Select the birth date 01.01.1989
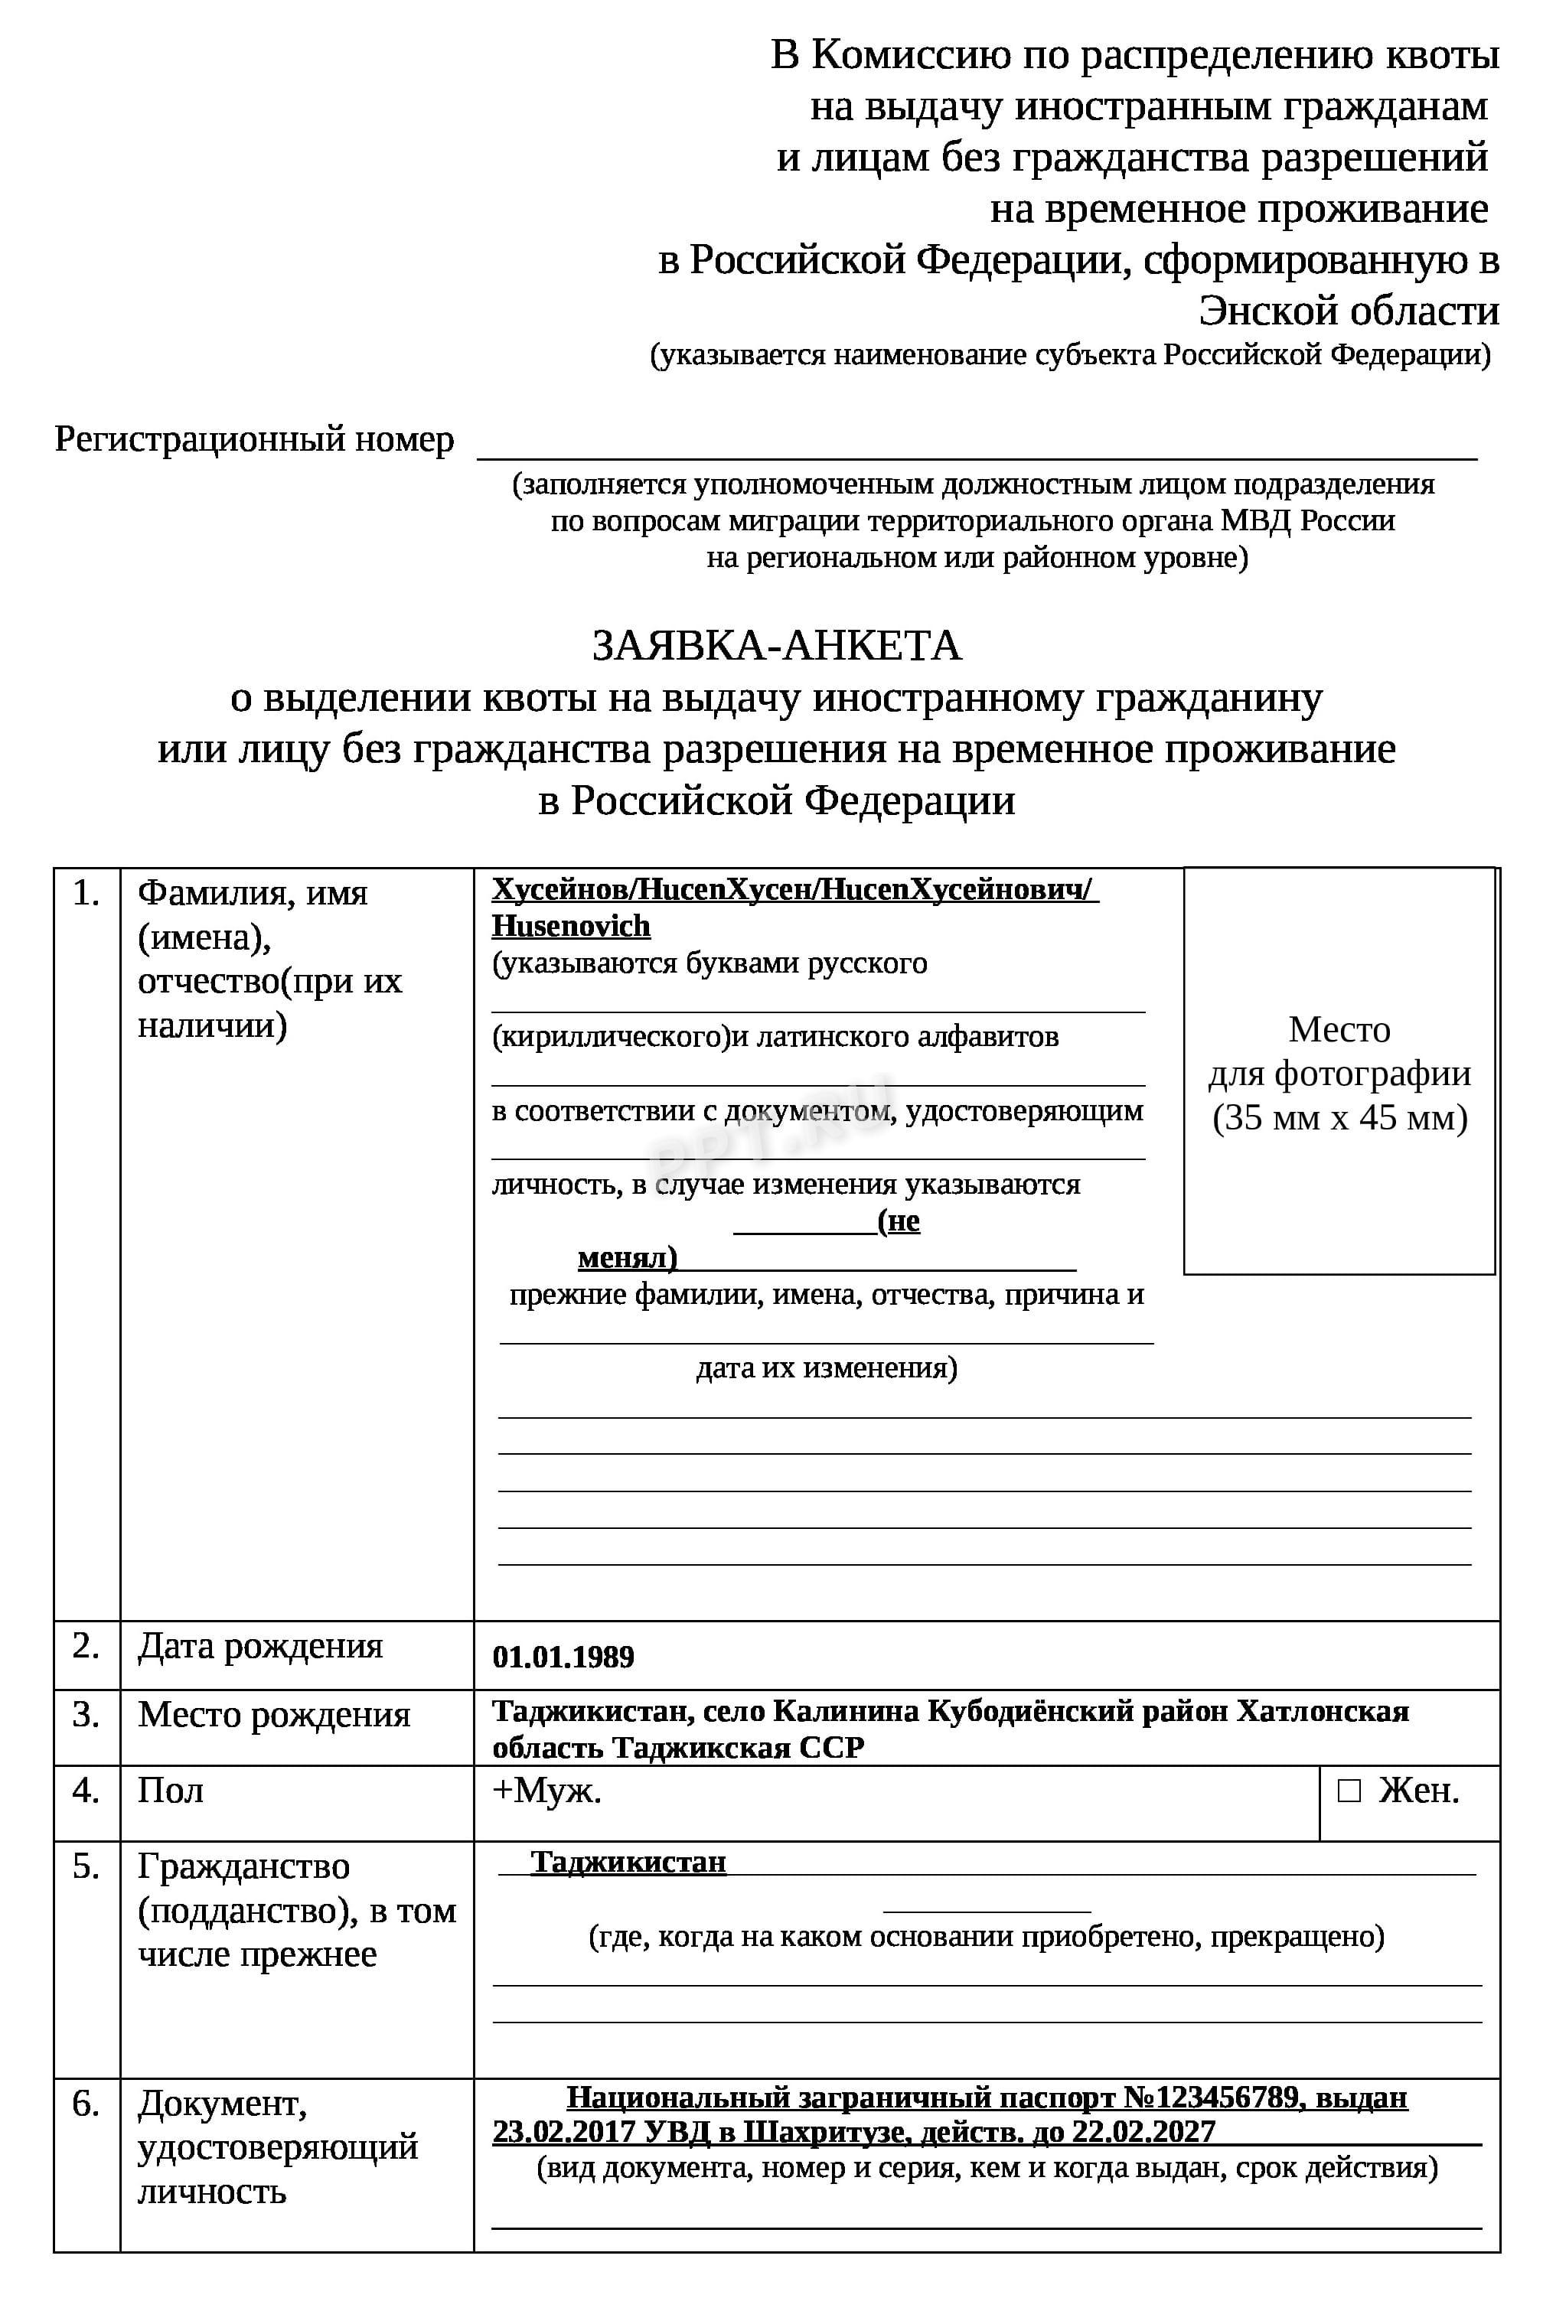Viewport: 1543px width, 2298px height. point(563,1657)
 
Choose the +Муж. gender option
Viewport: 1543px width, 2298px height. point(546,1791)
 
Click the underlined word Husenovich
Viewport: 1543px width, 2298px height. point(571,927)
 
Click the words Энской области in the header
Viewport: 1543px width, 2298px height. point(1348,311)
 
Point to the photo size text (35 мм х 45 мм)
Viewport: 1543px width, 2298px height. point(1339,1117)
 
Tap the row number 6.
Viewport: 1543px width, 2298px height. point(86,2104)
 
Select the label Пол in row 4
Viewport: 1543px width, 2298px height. point(170,1791)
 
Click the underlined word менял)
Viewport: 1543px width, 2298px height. point(627,1258)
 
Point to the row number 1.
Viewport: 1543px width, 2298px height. point(86,893)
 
